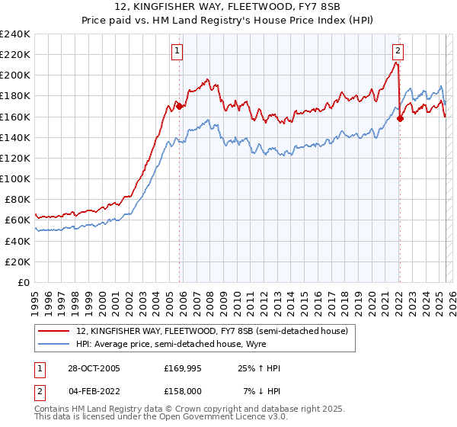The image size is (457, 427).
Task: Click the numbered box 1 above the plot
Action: pos(177,51)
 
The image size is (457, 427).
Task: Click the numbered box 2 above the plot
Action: pos(398,51)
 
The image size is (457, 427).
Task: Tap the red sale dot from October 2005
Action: pos(179,107)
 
